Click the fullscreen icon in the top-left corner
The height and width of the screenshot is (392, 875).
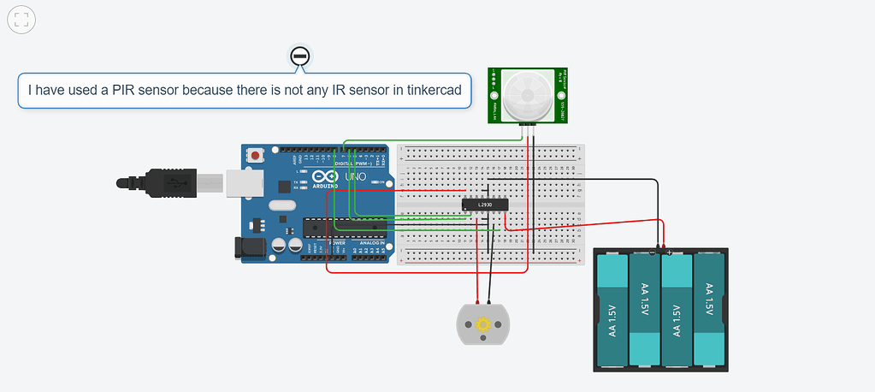click(22, 21)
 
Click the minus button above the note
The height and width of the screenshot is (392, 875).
click(299, 56)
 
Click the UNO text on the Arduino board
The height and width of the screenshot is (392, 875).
click(355, 176)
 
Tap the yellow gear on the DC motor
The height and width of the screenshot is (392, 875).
click(483, 324)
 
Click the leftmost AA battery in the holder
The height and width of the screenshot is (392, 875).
click(612, 311)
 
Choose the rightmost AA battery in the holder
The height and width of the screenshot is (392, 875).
click(710, 311)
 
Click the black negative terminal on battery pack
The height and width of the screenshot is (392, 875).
click(655, 252)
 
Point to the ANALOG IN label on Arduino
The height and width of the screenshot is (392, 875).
click(372, 244)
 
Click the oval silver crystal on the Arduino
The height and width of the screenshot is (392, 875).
click(282, 205)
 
